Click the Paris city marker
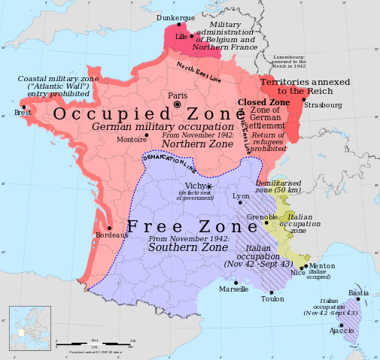[178, 105]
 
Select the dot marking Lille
[192, 35]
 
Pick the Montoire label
[132, 140]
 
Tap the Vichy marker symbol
[210, 186]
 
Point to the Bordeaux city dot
[110, 228]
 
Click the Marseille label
[233, 289]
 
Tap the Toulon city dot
[272, 292]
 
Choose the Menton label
[322, 265]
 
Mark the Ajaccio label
[342, 330]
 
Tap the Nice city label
[298, 273]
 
